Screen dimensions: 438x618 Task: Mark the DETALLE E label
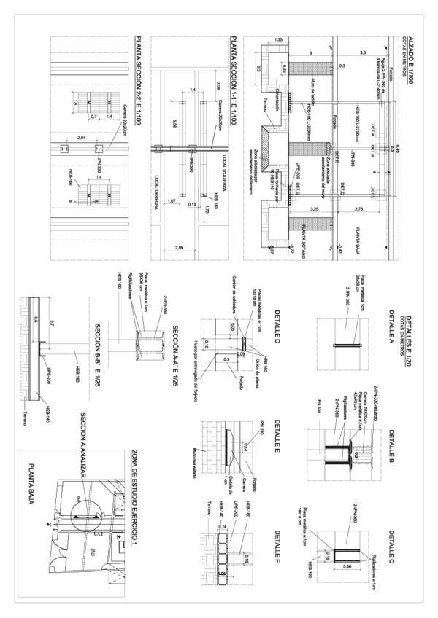(278, 437)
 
